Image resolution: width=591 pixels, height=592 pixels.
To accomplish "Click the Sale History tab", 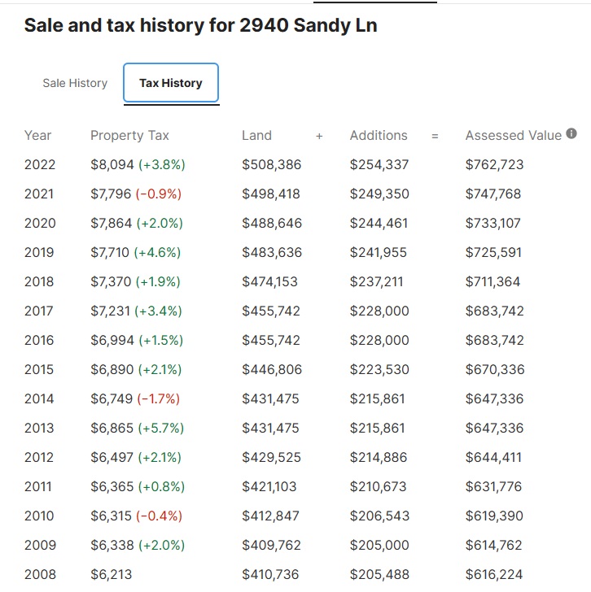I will click(x=75, y=83).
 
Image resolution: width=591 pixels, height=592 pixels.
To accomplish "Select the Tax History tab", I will click(x=171, y=83).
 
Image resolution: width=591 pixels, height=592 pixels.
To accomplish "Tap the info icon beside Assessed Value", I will click(x=571, y=134).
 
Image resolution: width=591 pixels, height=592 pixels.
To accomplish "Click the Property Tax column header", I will click(x=129, y=136).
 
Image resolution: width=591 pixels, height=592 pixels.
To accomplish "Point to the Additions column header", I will click(x=379, y=136).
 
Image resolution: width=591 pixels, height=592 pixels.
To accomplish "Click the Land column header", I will click(x=256, y=136).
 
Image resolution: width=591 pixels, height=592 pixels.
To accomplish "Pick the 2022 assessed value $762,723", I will click(x=494, y=165).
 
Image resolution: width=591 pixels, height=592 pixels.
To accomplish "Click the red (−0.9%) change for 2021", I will click(x=159, y=194).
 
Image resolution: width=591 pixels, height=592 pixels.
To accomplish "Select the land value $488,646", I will click(x=271, y=224).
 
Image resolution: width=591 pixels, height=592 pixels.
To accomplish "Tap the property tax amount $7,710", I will click(x=110, y=253).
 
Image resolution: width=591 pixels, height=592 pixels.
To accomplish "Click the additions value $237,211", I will click(x=379, y=282).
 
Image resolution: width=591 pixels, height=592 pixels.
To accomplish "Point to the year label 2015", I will click(x=39, y=370).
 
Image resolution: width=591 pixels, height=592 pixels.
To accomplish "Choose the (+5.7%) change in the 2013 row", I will click(x=160, y=429).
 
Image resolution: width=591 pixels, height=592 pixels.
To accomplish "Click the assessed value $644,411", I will click(x=494, y=458).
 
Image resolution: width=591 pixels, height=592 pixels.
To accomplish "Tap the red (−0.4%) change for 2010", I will click(x=159, y=516).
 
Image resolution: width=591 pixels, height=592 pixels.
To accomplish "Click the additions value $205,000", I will click(x=379, y=546).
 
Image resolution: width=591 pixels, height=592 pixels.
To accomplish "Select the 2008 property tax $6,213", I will click(x=111, y=575).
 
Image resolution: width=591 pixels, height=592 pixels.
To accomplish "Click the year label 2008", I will click(x=40, y=575).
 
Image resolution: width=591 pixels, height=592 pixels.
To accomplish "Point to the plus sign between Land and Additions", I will click(x=319, y=137).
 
